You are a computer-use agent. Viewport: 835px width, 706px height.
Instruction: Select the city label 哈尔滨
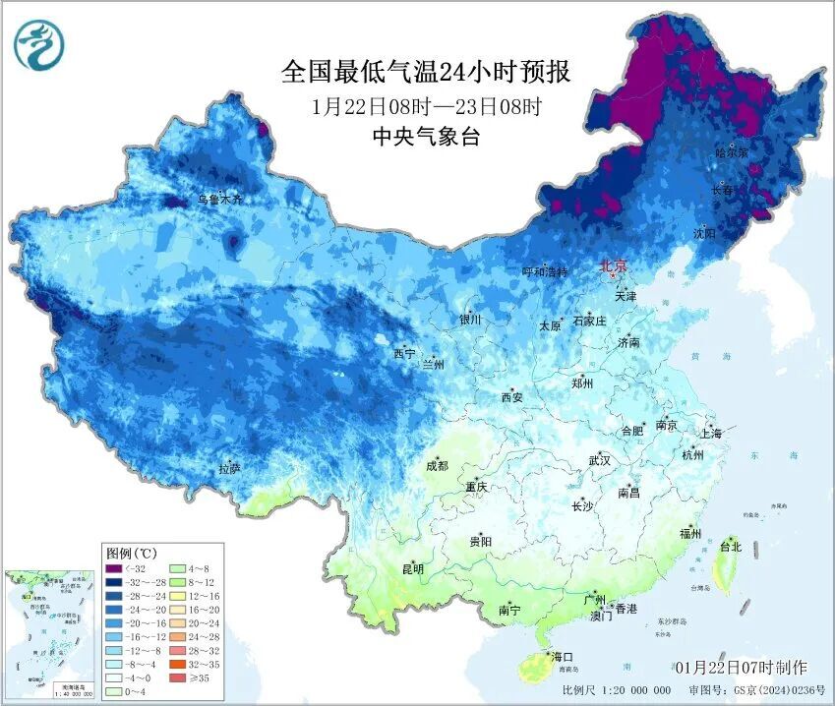point(732,153)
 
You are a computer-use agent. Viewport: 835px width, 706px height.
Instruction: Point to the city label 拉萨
point(229,469)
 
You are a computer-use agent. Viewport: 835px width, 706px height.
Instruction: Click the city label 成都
point(437,466)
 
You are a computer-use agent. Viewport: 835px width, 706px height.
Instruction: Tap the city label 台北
point(731,546)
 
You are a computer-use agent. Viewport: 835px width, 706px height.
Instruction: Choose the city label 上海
point(710,433)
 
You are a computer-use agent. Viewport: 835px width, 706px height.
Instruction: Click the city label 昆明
point(412,568)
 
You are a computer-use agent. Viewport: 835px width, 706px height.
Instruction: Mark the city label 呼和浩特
point(545,272)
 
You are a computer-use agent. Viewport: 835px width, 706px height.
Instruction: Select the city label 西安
point(511,397)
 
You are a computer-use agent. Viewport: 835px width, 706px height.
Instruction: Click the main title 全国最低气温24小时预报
point(426,72)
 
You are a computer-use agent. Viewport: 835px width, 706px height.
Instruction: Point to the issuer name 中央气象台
point(426,137)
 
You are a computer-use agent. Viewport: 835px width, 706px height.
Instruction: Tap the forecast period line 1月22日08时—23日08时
point(426,105)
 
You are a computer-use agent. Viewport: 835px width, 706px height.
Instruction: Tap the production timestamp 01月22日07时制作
point(741,669)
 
